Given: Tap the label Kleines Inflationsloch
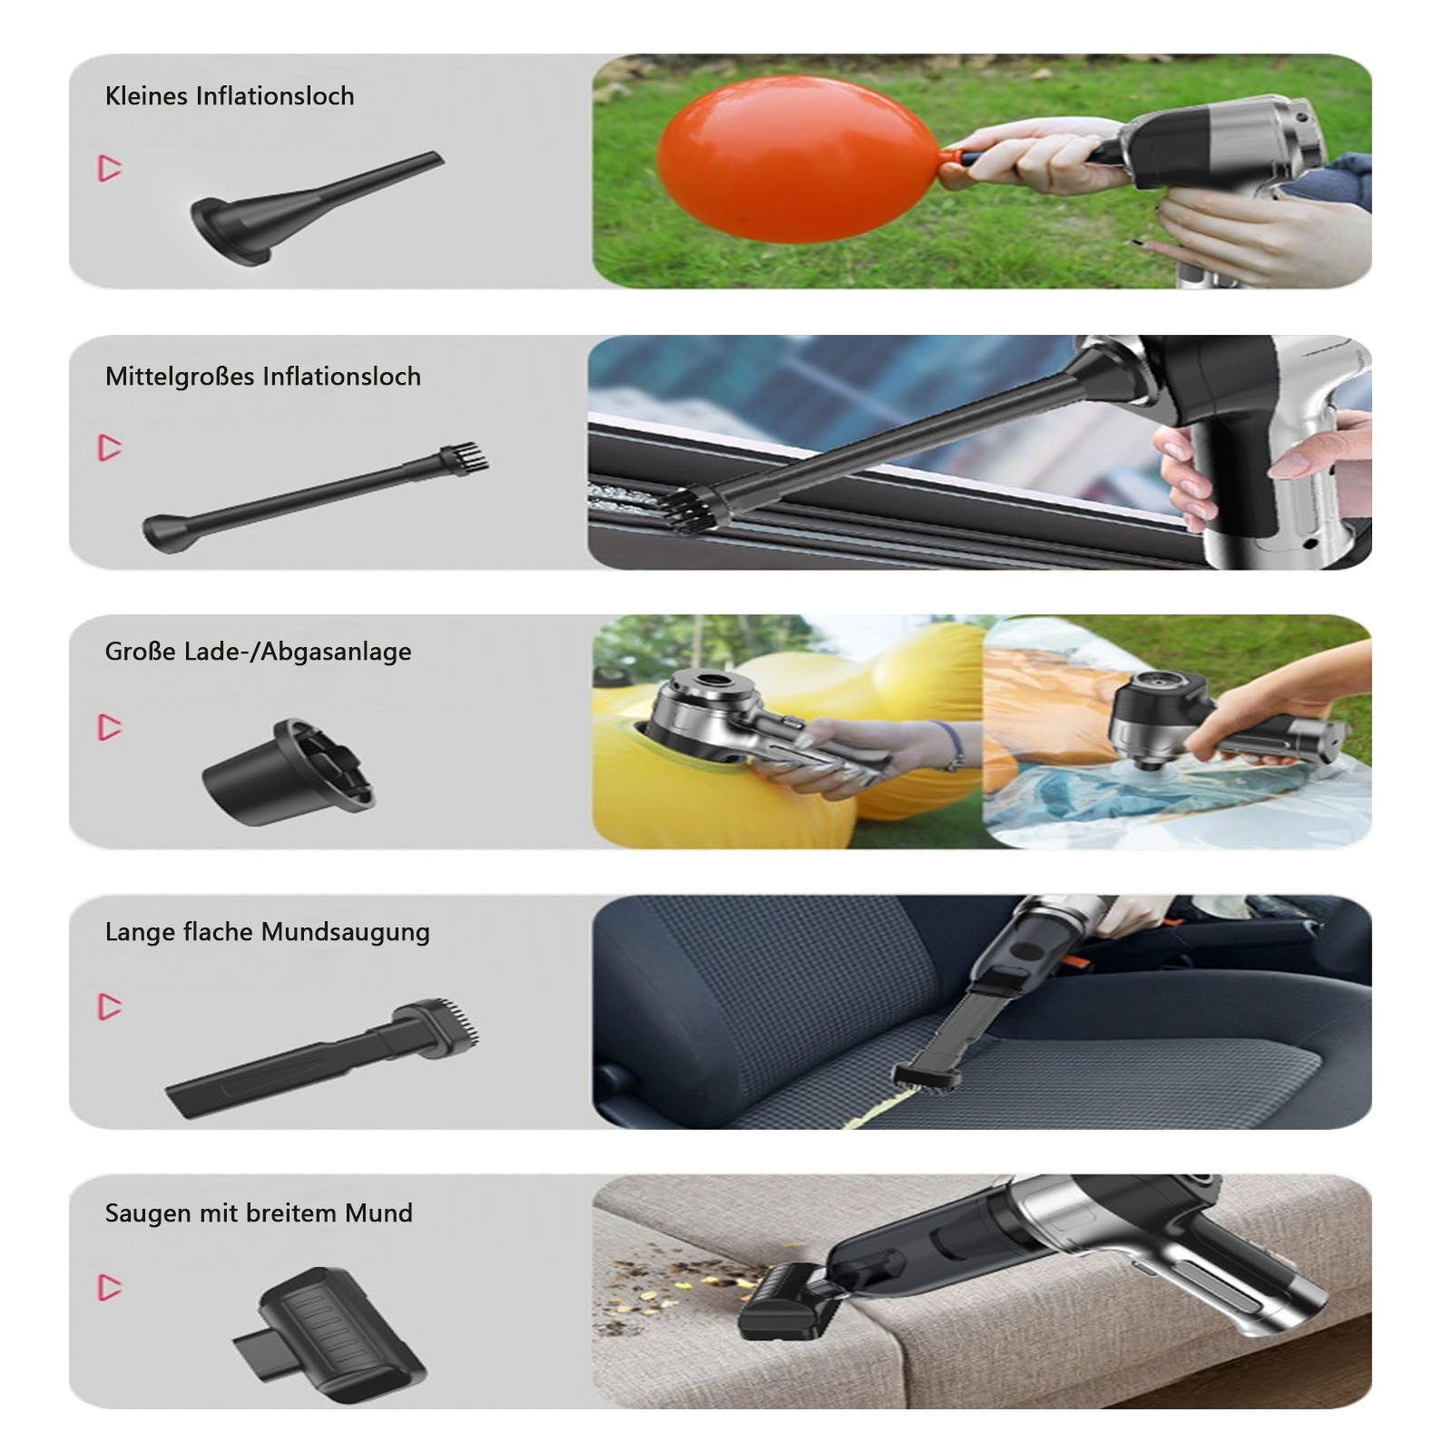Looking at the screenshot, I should [x=230, y=96].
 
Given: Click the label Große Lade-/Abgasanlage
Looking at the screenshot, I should [x=258, y=652].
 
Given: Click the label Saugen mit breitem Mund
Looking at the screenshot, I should [x=259, y=1213].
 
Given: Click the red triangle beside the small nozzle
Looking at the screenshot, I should [x=110, y=168].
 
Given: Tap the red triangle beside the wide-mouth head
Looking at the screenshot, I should [x=110, y=1287].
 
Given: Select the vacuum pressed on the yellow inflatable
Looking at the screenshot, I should [x=726, y=717].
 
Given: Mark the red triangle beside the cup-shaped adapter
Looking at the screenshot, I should [x=110, y=727].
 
